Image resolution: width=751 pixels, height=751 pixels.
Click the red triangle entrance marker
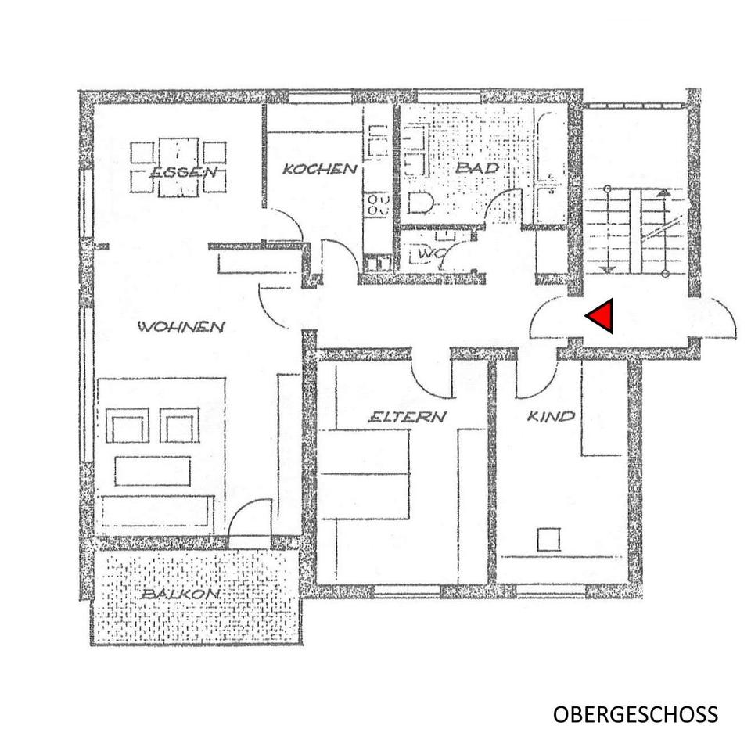coord(600,317)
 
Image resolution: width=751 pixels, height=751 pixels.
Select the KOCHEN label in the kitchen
coord(320,169)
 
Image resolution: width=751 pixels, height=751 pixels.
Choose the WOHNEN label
coord(181,327)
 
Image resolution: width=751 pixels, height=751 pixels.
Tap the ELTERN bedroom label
coord(407,417)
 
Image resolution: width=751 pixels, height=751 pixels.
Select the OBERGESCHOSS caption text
coord(634,714)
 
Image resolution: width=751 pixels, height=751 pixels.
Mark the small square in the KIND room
coord(549,540)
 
